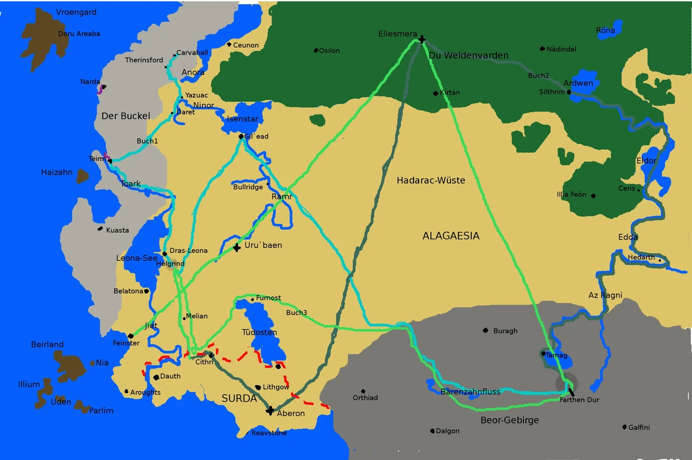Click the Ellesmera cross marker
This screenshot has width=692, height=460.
click(x=422, y=39)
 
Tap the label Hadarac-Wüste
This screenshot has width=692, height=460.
click(x=431, y=180)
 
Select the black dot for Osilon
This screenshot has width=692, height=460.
click(x=316, y=51)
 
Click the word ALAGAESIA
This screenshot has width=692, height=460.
click(x=450, y=236)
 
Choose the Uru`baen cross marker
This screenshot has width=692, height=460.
click(x=236, y=248)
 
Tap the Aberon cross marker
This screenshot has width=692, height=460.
click(x=270, y=410)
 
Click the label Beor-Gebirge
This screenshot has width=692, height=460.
click(x=509, y=420)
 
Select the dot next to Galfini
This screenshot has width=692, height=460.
click(x=625, y=427)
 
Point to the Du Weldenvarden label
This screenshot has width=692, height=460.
click(x=468, y=55)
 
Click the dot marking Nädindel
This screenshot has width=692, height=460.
click(x=543, y=49)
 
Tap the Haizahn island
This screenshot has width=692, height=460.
click(x=82, y=176)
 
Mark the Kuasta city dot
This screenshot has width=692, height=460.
click(x=100, y=229)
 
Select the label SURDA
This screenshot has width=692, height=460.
click(x=239, y=398)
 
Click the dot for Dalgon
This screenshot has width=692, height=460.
click(x=432, y=431)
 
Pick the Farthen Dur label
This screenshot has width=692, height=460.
click(x=579, y=399)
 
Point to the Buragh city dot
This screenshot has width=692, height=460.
click(x=486, y=330)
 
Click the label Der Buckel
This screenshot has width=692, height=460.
click(x=126, y=116)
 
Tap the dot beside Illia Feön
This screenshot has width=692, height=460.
click(x=593, y=196)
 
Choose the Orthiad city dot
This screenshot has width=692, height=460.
click(x=363, y=391)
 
